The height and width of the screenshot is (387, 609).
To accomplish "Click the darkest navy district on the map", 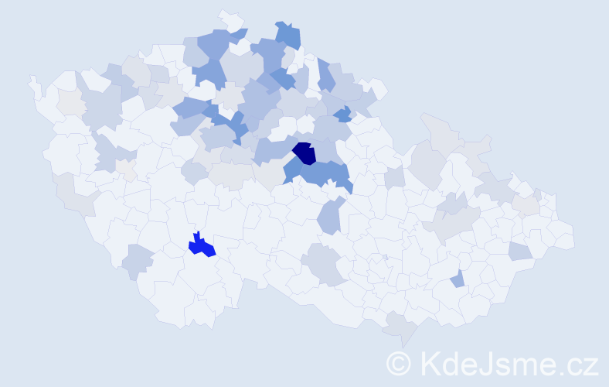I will [x=305, y=152].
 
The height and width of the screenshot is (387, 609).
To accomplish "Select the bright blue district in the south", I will [x=202, y=246].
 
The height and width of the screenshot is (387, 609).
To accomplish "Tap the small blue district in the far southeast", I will [x=458, y=279].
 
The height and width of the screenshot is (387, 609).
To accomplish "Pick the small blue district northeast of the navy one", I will [x=342, y=115].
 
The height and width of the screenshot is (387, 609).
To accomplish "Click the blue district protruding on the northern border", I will [x=288, y=34].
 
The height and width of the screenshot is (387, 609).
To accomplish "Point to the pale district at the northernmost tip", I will [x=230, y=19].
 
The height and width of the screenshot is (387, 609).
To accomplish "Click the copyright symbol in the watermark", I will [x=399, y=363].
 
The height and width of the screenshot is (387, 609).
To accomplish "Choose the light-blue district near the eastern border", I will [x=520, y=251].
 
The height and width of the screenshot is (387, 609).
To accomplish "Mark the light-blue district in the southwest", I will [x=138, y=261].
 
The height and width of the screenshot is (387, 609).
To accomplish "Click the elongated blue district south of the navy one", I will [x=328, y=216].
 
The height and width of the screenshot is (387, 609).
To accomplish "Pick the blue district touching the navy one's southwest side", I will [x=292, y=170].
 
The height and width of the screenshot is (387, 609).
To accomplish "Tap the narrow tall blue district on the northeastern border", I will [x=325, y=76].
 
